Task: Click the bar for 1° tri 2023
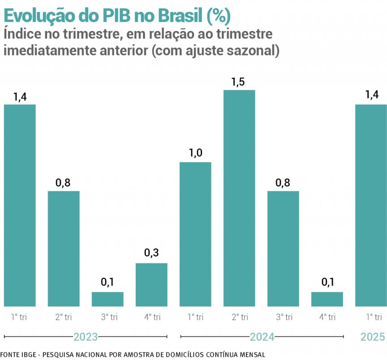click(x=20, y=206)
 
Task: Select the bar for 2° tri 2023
click(x=64, y=249)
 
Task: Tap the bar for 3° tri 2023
click(x=107, y=299)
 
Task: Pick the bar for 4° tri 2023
click(x=151, y=285)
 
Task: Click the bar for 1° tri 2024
click(x=195, y=234)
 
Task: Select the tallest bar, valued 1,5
click(x=239, y=198)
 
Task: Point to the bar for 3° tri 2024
click(x=283, y=249)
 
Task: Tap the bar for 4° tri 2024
click(x=327, y=299)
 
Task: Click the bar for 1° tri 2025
click(x=371, y=206)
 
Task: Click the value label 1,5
click(x=239, y=82)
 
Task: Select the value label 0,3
click(x=151, y=253)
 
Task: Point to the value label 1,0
click(x=195, y=153)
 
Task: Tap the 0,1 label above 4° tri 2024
click(x=327, y=282)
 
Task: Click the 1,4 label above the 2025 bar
click(x=371, y=94)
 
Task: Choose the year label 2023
click(x=85, y=337)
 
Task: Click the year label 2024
click(x=262, y=337)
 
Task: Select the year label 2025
click(x=372, y=337)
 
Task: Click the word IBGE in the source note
click(x=29, y=354)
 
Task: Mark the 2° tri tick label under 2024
click(x=239, y=317)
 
